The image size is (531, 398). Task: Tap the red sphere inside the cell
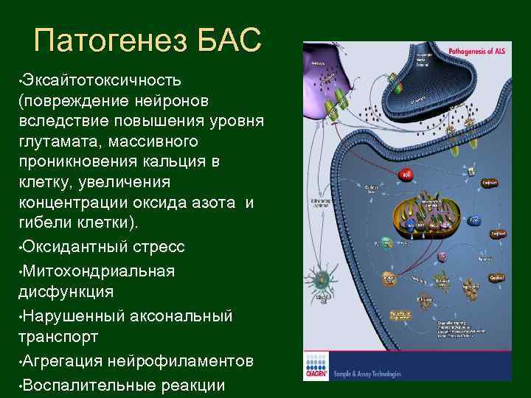click(406, 175)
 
